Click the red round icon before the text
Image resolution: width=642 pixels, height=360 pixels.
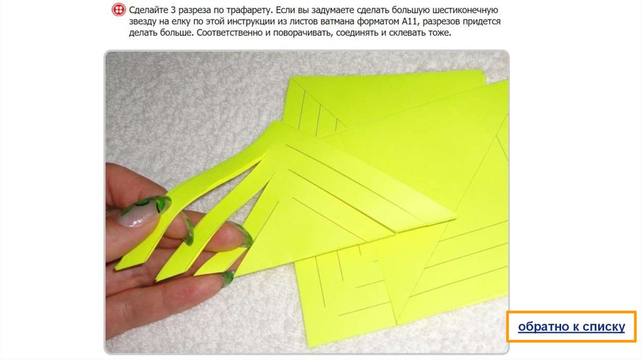tap(118, 10)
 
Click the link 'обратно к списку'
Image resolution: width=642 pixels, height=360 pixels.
tap(571, 326)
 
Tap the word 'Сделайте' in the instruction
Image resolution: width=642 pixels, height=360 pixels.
tap(147, 10)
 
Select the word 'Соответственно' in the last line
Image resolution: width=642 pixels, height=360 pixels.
tap(229, 33)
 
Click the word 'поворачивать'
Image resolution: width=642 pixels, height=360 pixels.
tap(302, 33)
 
